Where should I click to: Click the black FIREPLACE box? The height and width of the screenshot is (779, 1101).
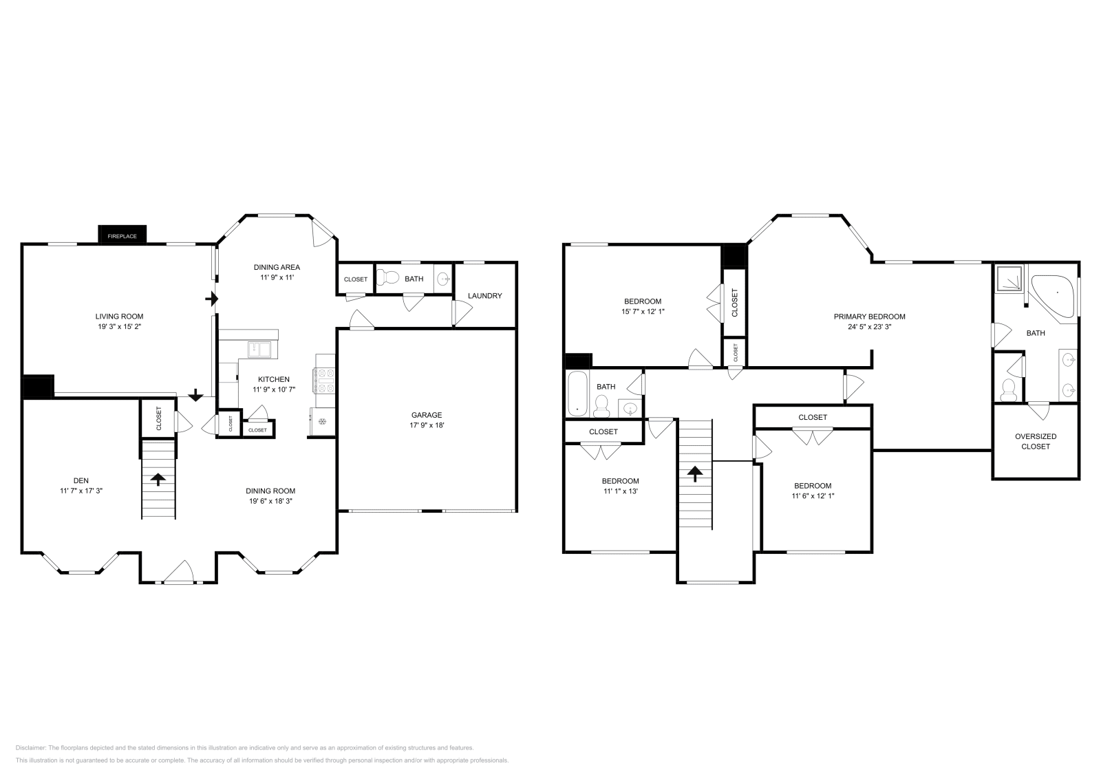coord(122,236)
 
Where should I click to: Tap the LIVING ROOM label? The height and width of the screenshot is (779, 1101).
coord(119,317)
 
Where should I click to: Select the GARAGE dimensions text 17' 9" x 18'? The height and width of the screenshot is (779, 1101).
coord(427,425)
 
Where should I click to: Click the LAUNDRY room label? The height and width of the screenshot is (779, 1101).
coord(484,296)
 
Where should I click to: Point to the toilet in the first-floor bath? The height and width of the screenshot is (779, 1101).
coord(391,278)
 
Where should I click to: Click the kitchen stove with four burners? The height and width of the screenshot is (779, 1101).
coord(325,381)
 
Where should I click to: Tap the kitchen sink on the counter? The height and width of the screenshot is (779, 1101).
coord(260,350)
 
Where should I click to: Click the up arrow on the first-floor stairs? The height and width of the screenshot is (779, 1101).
coord(159,480)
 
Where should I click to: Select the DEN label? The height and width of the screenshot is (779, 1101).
coord(81,480)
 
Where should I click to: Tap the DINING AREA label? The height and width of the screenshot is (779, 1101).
coord(277,267)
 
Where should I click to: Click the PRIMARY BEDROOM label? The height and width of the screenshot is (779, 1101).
coord(869,317)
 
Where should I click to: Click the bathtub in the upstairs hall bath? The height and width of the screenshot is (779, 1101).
coord(577,394)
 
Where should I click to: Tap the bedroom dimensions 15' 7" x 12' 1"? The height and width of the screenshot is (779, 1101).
coord(643,311)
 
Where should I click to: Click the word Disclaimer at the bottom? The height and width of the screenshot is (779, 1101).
coord(30,747)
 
